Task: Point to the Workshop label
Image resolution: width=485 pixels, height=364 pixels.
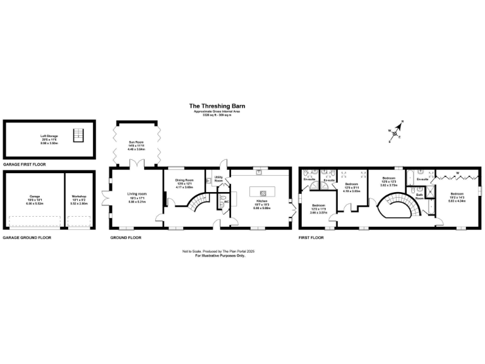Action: pos(78,198)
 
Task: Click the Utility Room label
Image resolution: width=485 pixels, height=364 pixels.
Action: pos(219,179)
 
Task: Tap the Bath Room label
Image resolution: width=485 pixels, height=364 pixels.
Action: pos(419,196)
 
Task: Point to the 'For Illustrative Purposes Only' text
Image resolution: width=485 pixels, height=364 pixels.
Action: pos(218,255)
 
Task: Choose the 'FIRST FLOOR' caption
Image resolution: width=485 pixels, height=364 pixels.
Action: pos(311,238)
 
